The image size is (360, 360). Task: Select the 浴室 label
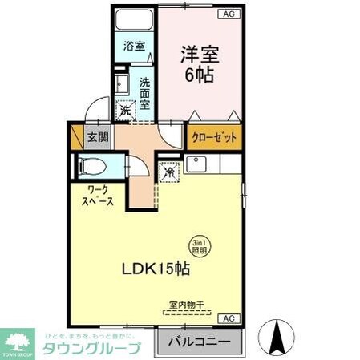click(x=134, y=46)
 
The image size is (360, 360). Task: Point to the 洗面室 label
click(x=145, y=92)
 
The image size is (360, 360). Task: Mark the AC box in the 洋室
click(x=228, y=14)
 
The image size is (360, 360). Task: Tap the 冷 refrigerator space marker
click(x=169, y=171)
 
